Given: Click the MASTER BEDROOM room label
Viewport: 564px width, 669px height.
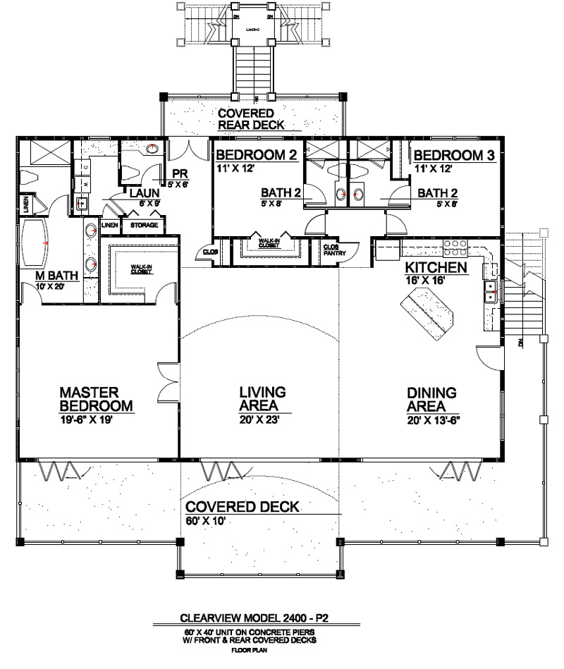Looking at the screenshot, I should tap(96, 399).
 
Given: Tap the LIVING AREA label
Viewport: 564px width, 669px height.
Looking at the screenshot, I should tap(262, 399).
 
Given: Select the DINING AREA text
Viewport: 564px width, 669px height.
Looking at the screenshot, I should tap(431, 400).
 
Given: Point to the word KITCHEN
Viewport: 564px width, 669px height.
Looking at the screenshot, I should tap(435, 268).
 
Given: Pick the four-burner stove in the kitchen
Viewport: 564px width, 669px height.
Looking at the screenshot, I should tap(455, 247).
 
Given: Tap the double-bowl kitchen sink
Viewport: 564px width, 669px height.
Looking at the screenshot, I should tap(489, 291).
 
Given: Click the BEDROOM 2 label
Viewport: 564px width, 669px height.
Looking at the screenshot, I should tap(256, 155).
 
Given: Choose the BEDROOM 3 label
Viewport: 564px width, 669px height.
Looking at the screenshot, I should tap(454, 155).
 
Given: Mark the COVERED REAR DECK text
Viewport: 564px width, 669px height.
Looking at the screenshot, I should tap(250, 119).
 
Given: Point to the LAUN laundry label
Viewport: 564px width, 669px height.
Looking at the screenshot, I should tap(143, 192).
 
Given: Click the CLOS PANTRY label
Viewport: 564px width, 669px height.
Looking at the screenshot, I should tap(331, 250).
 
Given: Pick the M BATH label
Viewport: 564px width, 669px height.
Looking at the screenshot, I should tap(58, 276).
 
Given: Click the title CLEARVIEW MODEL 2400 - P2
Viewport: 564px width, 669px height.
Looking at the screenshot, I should tap(255, 618).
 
